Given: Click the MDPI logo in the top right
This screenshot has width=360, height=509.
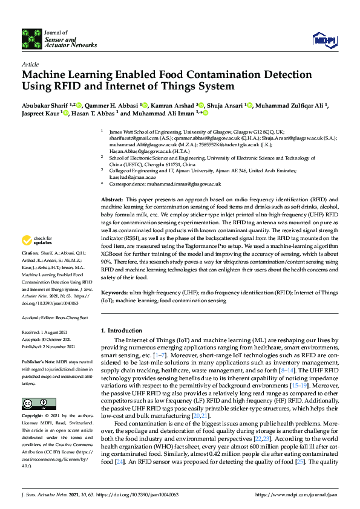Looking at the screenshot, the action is click(324, 39).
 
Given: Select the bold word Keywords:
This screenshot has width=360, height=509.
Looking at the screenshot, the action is click(115, 293).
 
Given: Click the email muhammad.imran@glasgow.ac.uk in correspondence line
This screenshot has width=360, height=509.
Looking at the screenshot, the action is click(189, 183).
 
